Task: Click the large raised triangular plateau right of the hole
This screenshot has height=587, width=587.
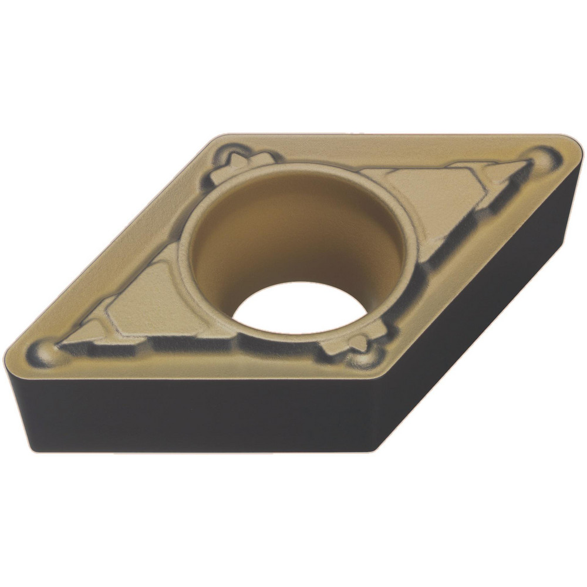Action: [x=429, y=200]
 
